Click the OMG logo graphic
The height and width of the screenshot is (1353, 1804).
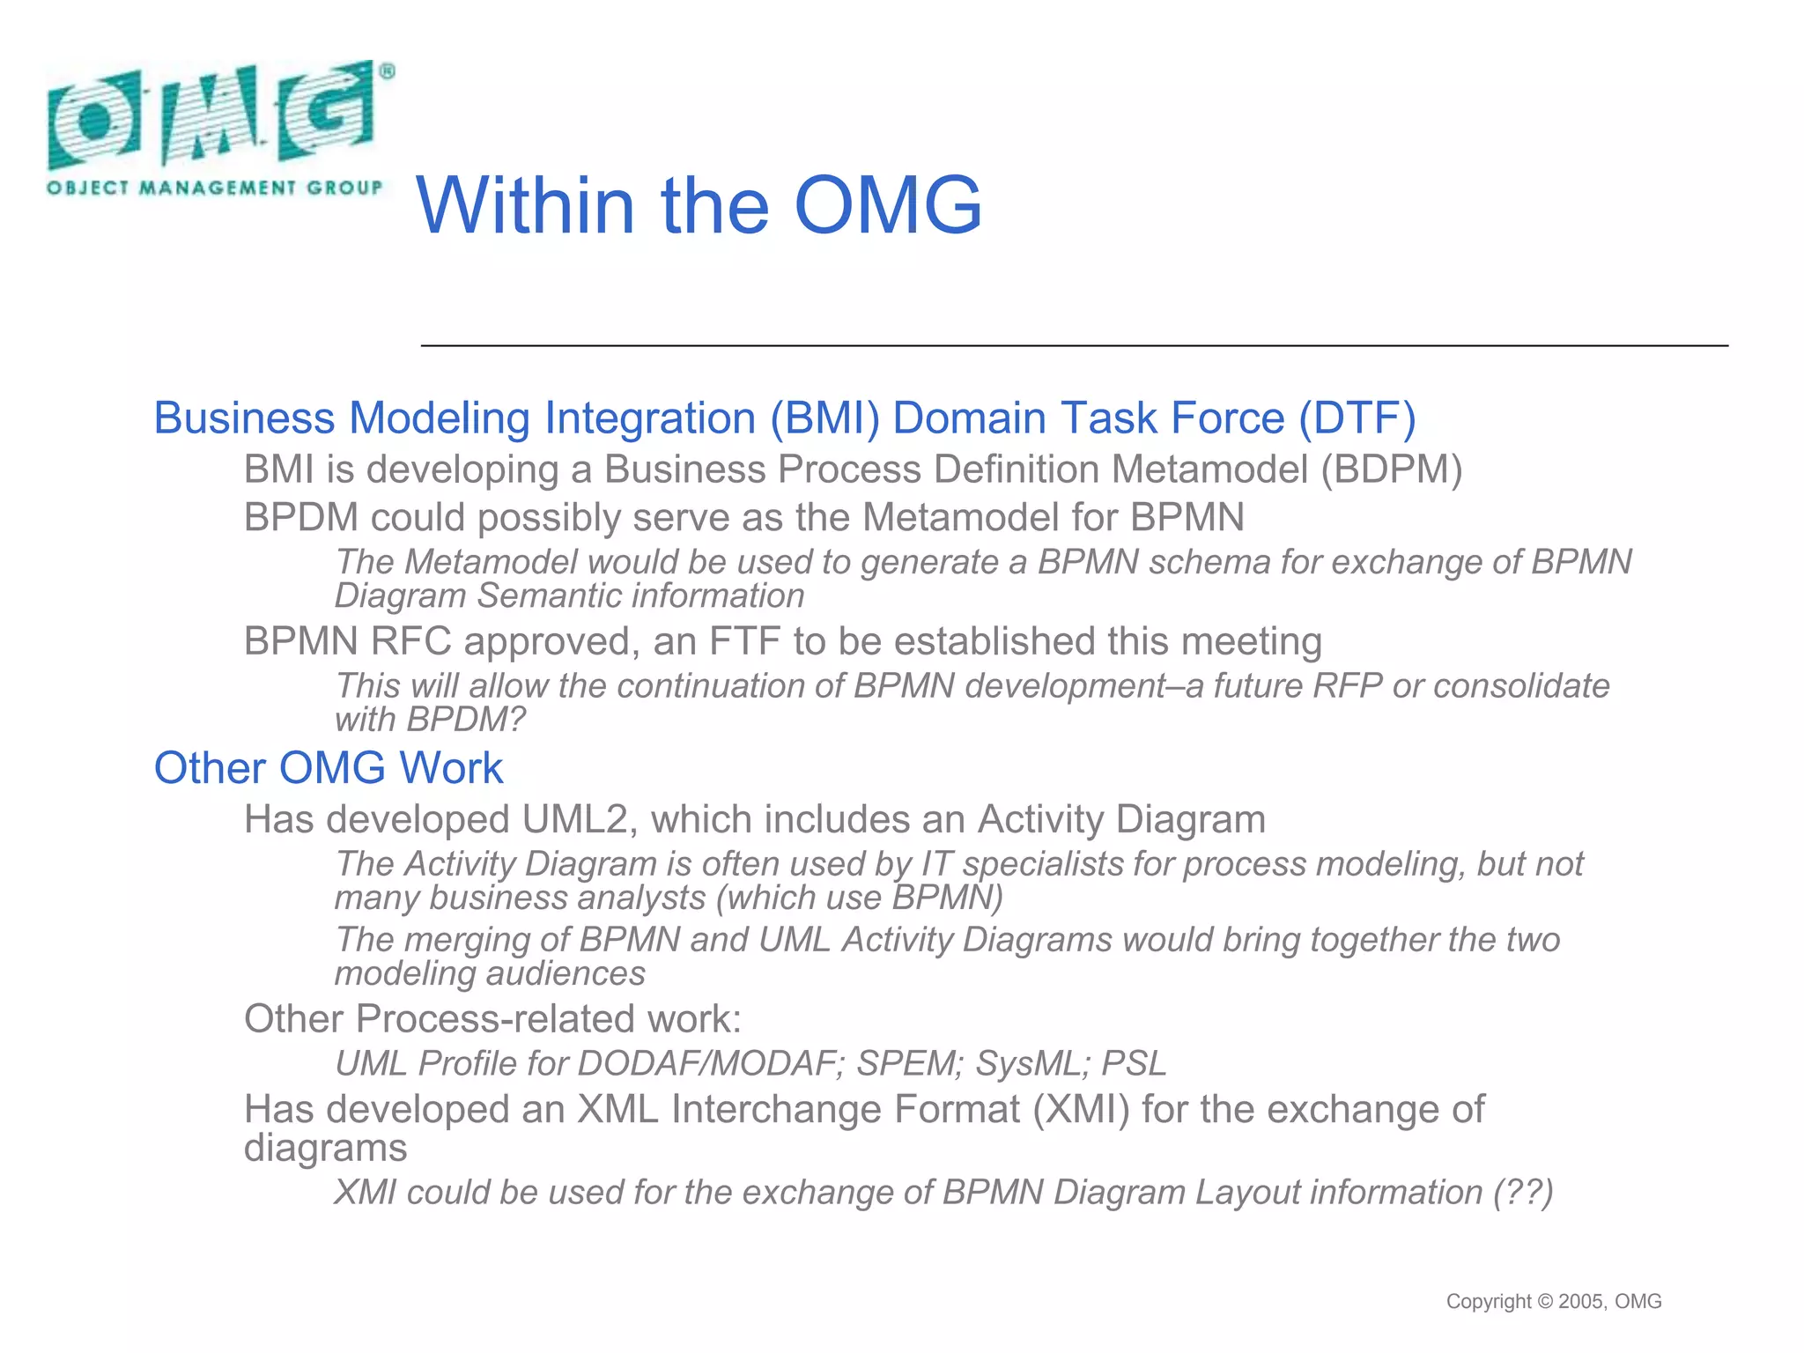click(x=211, y=115)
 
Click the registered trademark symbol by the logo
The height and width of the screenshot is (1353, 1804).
click(x=388, y=72)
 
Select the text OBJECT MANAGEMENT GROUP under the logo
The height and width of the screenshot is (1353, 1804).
click(x=215, y=188)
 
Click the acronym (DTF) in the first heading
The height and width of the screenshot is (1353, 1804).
click(x=1357, y=418)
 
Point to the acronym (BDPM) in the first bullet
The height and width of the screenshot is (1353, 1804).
click(x=1391, y=469)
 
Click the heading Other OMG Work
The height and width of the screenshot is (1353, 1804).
click(x=328, y=768)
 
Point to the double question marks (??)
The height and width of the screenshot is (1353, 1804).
click(x=1523, y=1193)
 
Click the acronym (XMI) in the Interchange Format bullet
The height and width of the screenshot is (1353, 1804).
click(x=1081, y=1110)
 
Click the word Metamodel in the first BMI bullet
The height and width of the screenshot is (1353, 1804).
click(x=1209, y=469)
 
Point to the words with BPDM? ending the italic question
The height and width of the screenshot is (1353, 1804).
click(x=430, y=721)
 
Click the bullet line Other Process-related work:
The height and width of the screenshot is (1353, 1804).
click(x=492, y=1019)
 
